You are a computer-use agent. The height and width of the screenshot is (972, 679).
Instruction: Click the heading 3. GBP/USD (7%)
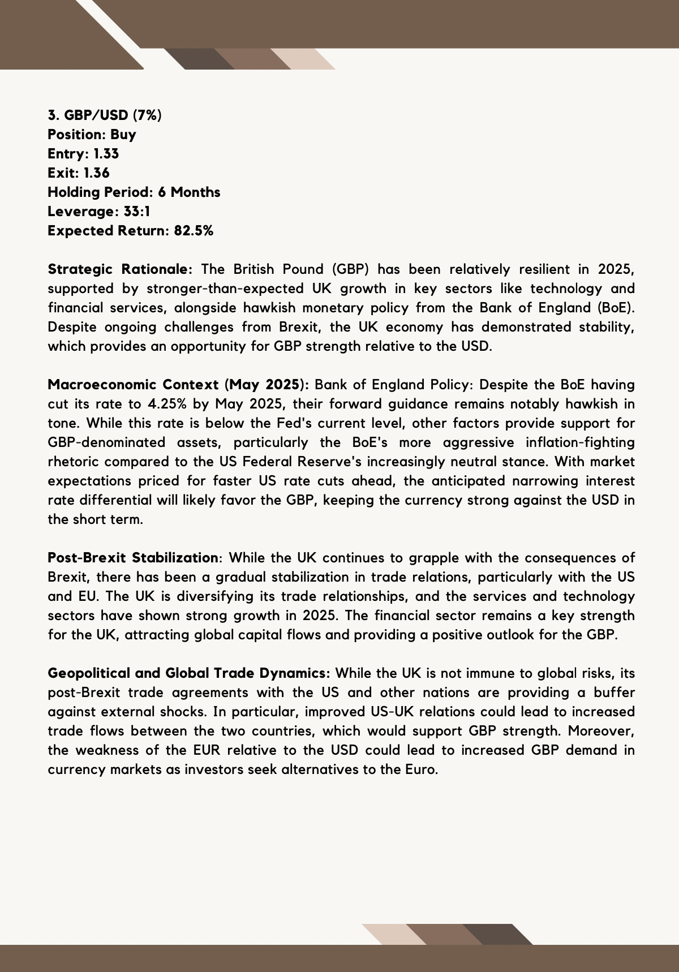point(104,115)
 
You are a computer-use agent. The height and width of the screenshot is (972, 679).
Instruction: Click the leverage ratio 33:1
point(136,212)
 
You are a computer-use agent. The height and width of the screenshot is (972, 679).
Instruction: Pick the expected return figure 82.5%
point(194,231)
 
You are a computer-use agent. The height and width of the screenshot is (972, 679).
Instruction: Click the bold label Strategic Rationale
point(120,269)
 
